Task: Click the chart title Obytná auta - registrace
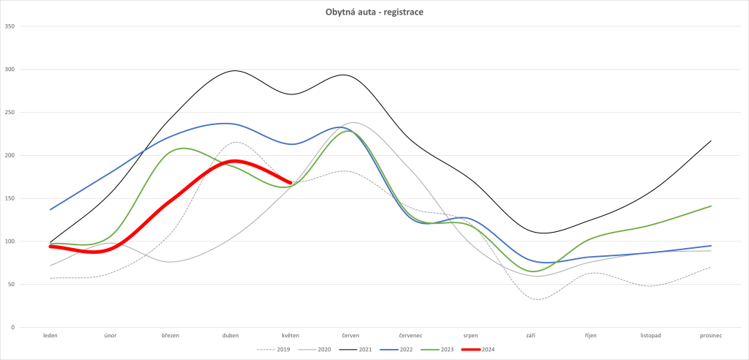tap(374, 12)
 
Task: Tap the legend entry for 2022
tap(405, 350)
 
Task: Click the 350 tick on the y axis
tap(10, 27)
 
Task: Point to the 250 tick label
tap(10, 113)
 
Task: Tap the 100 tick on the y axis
tap(10, 241)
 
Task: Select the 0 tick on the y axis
tap(13, 327)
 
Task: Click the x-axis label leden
tap(50, 335)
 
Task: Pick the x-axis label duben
tap(230, 335)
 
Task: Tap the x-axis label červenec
tap(410, 335)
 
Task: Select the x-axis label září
tap(530, 335)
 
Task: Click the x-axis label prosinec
tap(711, 335)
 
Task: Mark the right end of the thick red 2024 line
tap(290, 183)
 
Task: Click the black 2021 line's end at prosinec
tap(711, 141)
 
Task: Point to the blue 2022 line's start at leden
tap(50, 209)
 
